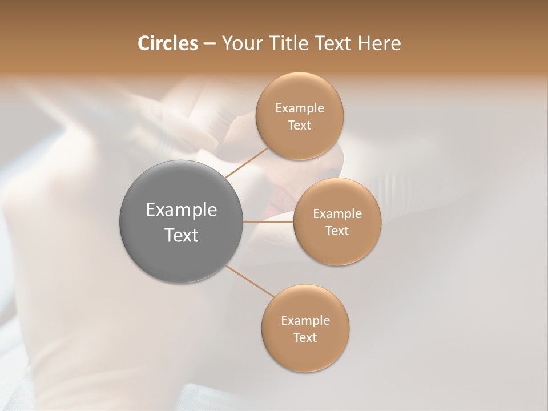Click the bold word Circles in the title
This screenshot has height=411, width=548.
click(167, 43)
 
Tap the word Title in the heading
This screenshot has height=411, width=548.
click(285, 43)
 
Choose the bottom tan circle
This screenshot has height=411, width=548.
click(305, 354)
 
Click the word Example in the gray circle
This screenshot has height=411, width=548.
click(182, 210)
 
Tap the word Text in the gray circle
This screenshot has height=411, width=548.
click(182, 235)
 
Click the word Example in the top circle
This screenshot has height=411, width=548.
click(300, 108)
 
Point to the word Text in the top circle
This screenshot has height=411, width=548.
click(299, 126)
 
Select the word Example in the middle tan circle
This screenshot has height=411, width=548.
click(337, 214)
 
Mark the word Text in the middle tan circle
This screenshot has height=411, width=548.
click(337, 231)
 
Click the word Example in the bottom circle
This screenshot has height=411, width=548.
click(305, 321)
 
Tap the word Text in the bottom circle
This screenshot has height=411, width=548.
click(305, 338)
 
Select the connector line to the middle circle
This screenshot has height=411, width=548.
click(268, 221)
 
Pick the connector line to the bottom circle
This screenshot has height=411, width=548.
click(250, 281)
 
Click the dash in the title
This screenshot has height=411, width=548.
click(209, 44)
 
